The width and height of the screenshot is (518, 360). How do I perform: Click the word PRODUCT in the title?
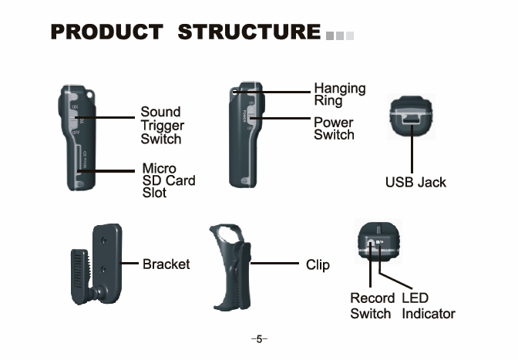[106, 33]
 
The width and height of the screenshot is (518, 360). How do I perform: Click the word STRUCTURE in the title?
[248, 33]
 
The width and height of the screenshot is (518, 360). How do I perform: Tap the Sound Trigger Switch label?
[161, 126]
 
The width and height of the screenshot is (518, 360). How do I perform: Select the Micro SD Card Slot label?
[168, 180]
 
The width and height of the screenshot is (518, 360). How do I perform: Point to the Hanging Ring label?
[339, 94]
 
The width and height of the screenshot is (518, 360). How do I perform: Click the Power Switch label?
[334, 129]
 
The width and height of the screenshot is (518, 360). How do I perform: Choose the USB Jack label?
[415, 183]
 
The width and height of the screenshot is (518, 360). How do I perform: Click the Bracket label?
[166, 264]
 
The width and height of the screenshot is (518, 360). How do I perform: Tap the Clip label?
[318, 265]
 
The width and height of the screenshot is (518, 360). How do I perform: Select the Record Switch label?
[371, 306]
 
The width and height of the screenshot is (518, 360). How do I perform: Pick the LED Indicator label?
[428, 306]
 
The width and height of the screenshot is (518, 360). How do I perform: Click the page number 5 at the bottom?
[259, 339]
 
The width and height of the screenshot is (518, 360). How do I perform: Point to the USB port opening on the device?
[412, 119]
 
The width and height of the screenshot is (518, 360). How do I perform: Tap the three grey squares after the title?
[339, 35]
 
